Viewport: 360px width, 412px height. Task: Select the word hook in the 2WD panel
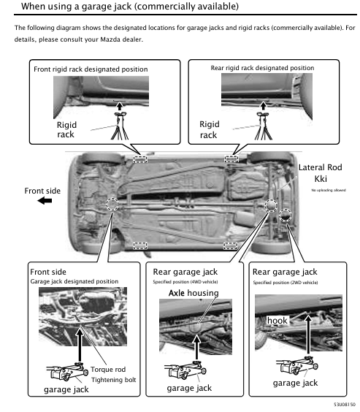pos(277,320)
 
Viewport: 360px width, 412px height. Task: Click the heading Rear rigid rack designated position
pos(262,67)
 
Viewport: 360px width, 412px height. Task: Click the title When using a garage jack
pos(120,7)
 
